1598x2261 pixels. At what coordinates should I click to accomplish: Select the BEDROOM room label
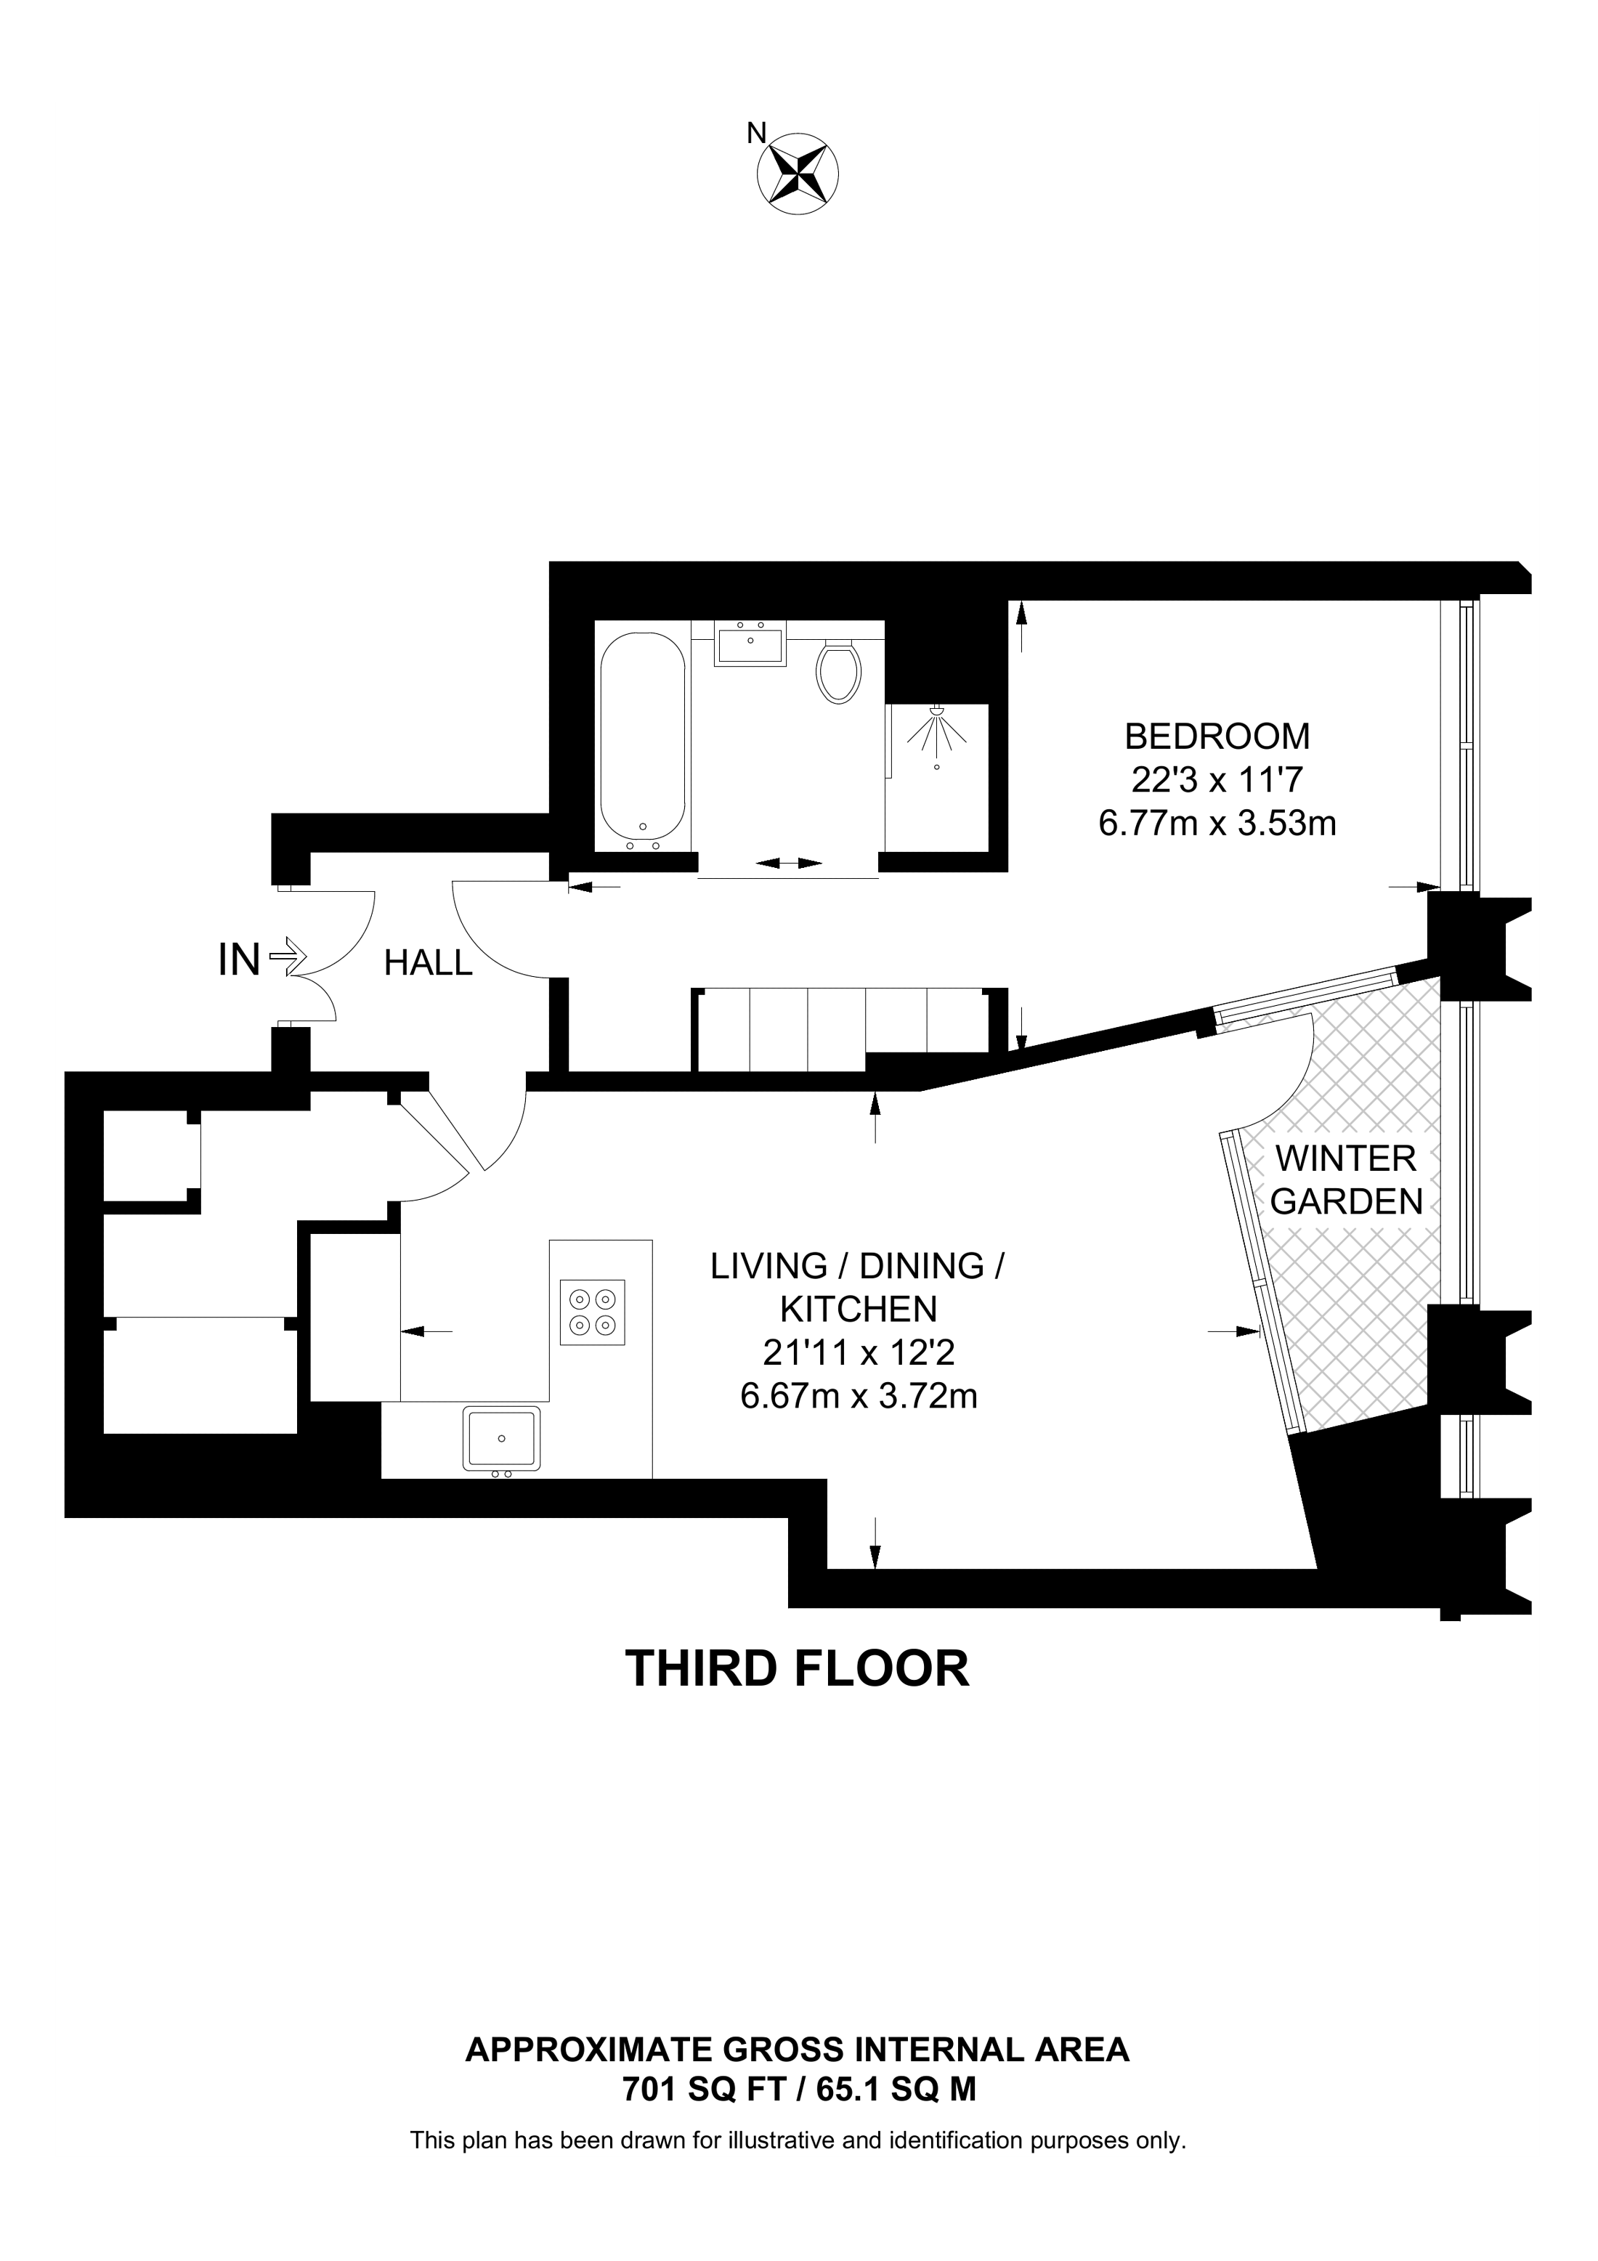(1217, 736)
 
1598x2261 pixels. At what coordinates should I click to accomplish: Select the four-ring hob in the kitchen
(593, 1311)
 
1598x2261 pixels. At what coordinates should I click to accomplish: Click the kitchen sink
(502, 1439)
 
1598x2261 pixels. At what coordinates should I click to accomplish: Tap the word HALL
(429, 963)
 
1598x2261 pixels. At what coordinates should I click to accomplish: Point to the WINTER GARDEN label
(1346, 1180)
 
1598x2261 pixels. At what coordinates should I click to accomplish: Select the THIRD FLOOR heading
(798, 1668)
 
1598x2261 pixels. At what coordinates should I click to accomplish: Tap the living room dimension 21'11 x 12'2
(859, 1353)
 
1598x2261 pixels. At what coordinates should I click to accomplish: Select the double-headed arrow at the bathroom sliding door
(789, 863)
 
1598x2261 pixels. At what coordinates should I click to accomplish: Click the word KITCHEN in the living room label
(859, 1309)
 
